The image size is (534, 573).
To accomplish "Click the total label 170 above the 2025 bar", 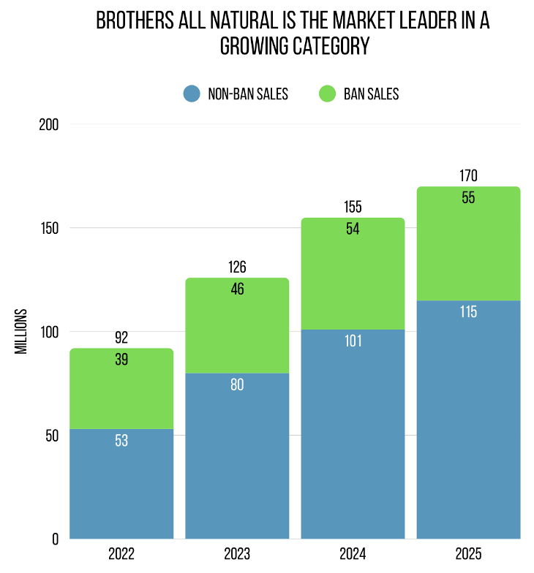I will (468, 176).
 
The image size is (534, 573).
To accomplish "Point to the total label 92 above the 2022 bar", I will (121, 338).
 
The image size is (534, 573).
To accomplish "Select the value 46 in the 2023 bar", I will (237, 289).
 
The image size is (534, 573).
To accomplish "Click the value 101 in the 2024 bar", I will (353, 341).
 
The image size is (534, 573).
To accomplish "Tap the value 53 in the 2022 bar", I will (121, 441).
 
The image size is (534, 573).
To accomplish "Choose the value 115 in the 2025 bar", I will (468, 312).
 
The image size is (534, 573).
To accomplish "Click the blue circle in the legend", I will (191, 94).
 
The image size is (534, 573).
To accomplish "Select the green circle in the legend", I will (327, 94).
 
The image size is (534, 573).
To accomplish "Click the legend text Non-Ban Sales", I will (248, 94).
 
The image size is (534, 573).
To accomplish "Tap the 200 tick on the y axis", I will (49, 124).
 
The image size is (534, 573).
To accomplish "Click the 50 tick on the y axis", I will (52, 436).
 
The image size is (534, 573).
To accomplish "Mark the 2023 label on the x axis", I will (237, 553).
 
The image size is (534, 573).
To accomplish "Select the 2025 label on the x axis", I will (468, 553).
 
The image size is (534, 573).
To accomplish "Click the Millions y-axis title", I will (21, 331).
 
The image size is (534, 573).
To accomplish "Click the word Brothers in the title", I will (135, 20).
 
